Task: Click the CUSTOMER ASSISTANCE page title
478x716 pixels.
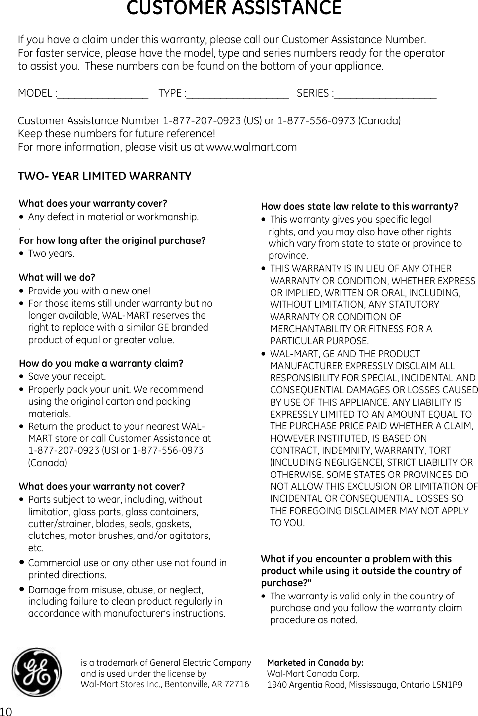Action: click(x=233, y=9)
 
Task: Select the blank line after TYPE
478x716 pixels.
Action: click(x=238, y=94)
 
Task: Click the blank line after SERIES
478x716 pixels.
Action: click(x=385, y=94)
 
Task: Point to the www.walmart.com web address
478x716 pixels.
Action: click(x=251, y=147)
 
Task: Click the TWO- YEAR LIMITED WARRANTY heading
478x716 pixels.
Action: click(x=104, y=177)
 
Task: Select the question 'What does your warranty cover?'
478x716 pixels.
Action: click(x=93, y=204)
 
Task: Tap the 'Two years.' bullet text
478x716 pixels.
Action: click(x=44, y=254)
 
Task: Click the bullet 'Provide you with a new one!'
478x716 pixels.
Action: click(x=89, y=291)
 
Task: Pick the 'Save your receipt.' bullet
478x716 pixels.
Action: click(x=67, y=377)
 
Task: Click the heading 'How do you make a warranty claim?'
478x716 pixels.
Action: click(x=101, y=363)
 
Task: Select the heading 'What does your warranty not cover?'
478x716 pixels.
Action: click(x=101, y=486)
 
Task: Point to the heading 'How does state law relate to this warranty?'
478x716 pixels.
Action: click(x=359, y=206)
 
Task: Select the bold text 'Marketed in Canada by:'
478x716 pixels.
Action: click(x=315, y=663)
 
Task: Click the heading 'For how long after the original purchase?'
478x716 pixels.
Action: click(x=112, y=241)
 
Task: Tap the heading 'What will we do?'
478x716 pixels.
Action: click(x=57, y=277)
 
